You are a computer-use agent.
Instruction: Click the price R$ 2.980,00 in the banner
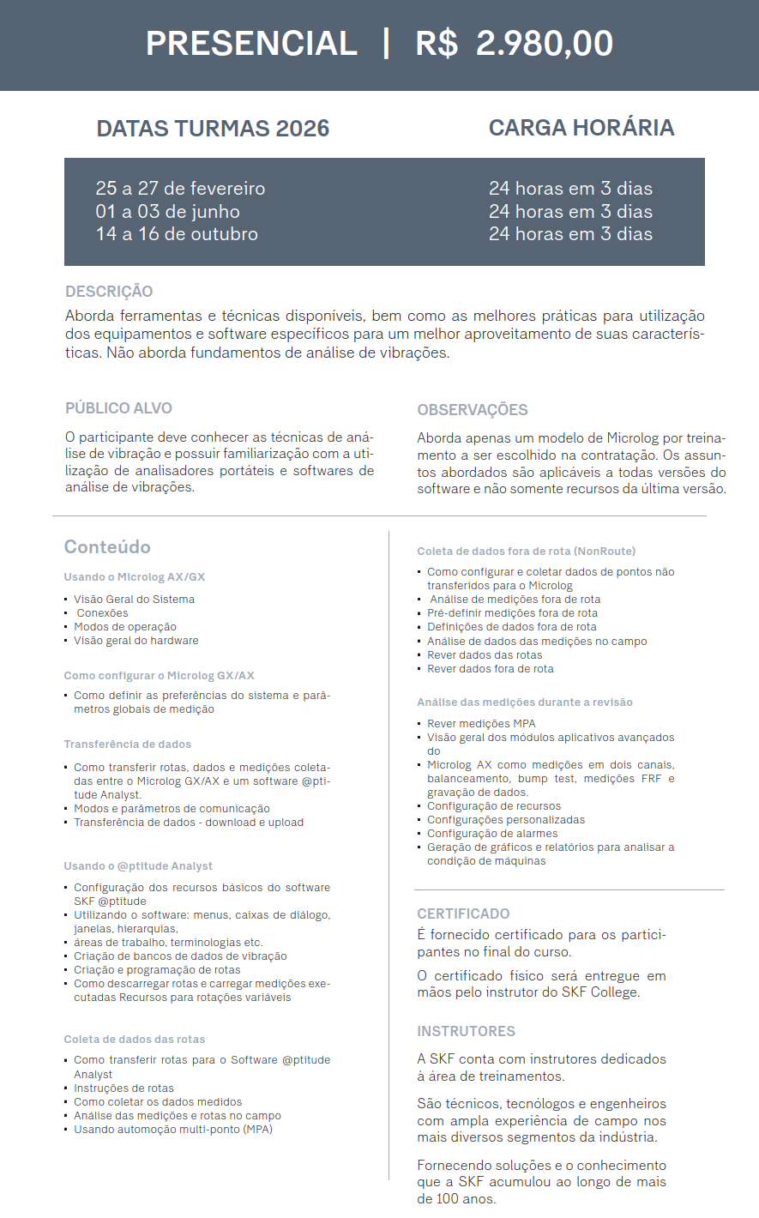(515, 44)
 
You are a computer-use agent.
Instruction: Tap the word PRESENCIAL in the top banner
(251, 44)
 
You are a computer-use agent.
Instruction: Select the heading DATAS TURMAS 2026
(213, 129)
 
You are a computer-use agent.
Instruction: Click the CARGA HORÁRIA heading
(581, 128)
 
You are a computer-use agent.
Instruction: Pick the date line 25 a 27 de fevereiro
(180, 189)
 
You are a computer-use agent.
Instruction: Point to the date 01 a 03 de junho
(167, 212)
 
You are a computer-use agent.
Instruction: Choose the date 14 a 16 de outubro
(177, 234)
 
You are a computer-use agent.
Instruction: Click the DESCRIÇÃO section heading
(109, 292)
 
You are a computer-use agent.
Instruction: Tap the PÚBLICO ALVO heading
(118, 408)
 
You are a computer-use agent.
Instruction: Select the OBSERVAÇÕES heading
(473, 410)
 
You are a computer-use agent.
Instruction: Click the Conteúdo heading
(107, 547)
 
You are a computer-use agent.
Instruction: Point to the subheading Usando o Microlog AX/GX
(135, 577)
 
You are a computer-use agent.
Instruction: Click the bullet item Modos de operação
(125, 627)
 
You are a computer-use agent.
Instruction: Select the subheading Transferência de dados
(128, 745)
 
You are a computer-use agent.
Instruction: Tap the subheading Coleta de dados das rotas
(135, 1040)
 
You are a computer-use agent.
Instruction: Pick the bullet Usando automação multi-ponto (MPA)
(173, 1130)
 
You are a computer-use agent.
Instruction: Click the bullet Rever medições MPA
(481, 724)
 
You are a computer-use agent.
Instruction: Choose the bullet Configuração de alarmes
(492, 834)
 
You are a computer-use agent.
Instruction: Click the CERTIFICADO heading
(463, 914)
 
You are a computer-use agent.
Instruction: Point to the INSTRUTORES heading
(466, 1032)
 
